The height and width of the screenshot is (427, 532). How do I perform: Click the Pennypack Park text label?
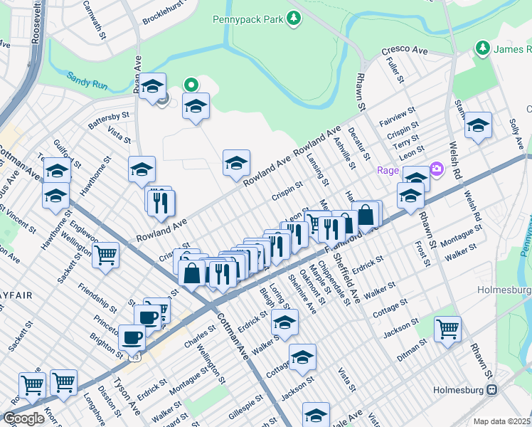pos(248,19)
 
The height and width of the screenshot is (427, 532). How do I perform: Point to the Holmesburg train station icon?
pos(491,390)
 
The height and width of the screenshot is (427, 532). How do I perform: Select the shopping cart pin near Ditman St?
pos(447,328)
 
